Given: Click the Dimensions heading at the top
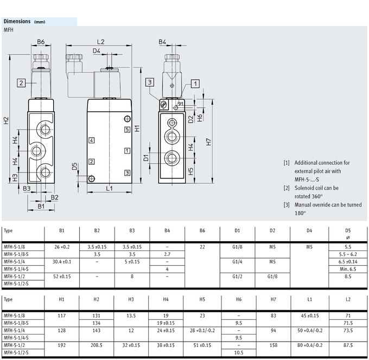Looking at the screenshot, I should click(18, 21).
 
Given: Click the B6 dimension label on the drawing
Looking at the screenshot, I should click(41, 42).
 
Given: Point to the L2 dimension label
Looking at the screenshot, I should click(101, 42).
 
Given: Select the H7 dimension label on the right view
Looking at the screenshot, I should click(209, 142).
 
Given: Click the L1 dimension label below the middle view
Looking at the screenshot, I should click(109, 189).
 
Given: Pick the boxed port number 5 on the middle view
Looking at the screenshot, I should click(126, 130).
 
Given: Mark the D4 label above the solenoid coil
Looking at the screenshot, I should click(96, 52).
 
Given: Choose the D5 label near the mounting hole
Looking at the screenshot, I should click(74, 166).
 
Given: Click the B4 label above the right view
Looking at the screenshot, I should click(163, 42).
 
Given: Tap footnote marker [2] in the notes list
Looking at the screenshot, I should click(287, 188).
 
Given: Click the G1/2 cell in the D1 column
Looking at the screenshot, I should click(237, 275).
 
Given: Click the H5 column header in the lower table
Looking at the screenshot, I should click(202, 299).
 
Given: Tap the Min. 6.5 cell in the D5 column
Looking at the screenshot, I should click(348, 268).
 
